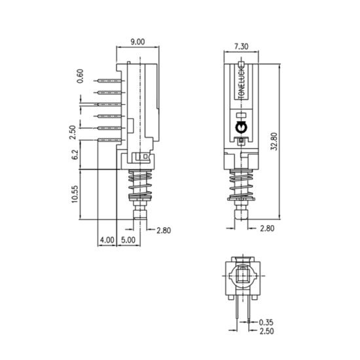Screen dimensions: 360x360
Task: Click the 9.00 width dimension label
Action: (x=137, y=42)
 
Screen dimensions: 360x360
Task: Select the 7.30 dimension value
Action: (x=241, y=46)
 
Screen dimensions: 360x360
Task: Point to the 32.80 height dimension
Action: (x=274, y=141)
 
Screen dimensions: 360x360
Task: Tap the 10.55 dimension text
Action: (x=75, y=194)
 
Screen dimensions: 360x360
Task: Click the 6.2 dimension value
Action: (x=75, y=154)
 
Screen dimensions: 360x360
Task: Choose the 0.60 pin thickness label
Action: (x=80, y=76)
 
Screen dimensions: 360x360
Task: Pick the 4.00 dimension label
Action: (x=107, y=240)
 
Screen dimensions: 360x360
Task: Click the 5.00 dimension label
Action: (x=128, y=240)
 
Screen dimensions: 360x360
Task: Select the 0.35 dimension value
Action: (x=266, y=322)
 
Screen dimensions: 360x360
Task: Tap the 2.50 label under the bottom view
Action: (x=266, y=331)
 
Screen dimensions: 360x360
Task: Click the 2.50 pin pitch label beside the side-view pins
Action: (x=73, y=132)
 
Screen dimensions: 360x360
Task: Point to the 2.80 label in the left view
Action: (x=164, y=230)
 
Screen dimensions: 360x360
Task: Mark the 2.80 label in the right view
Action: (x=267, y=228)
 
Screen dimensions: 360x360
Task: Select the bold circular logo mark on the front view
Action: (x=241, y=128)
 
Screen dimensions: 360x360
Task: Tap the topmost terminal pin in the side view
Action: (x=109, y=81)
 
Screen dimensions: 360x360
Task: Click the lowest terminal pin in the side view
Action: (x=109, y=140)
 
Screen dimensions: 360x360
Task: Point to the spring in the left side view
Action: (x=140, y=185)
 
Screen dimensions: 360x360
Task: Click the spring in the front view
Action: (x=241, y=185)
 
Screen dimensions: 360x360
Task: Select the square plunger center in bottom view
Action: (x=242, y=276)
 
